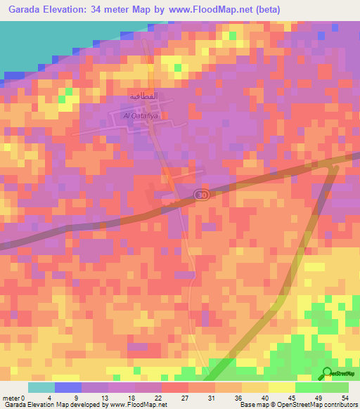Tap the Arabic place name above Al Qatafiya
pos(143,96)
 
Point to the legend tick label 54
pos(345,397)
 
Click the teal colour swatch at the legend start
pos(41,387)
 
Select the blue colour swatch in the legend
pos(68,387)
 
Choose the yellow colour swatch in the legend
pos(281,387)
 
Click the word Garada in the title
pos(23,8)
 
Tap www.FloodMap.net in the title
pos(233,8)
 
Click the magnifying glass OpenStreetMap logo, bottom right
pos(327,374)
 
